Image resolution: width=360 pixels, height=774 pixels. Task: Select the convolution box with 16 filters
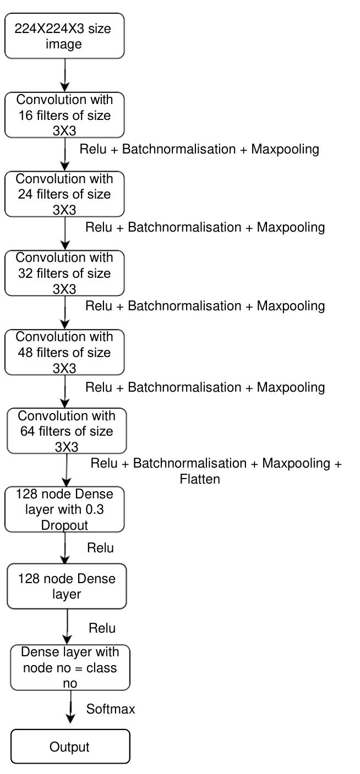pos(65,115)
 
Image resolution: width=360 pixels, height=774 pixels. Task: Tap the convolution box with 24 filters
pos(65,194)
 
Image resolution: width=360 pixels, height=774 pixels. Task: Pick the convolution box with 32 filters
pos(65,273)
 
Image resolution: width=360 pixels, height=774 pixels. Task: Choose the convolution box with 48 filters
pos(65,352)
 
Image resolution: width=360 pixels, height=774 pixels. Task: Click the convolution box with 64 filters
pos(67,431)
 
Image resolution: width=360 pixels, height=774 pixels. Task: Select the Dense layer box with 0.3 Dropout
pos(65,509)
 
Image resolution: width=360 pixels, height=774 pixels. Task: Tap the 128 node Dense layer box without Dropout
pos(67,586)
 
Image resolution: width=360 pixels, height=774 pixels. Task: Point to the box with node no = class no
pos(70,667)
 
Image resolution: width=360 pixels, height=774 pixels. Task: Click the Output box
pos(70,746)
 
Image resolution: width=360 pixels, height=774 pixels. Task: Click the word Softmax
pos(111,709)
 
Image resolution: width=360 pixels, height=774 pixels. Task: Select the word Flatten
pos(200,479)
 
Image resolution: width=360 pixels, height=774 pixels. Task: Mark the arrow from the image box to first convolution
pos(65,74)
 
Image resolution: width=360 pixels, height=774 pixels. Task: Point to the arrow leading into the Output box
pos(70,710)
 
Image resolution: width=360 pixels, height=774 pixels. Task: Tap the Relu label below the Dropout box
pos(100,548)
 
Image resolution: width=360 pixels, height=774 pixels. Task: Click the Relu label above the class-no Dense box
pos(102,628)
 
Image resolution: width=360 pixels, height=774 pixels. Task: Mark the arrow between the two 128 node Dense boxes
pos(66,548)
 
